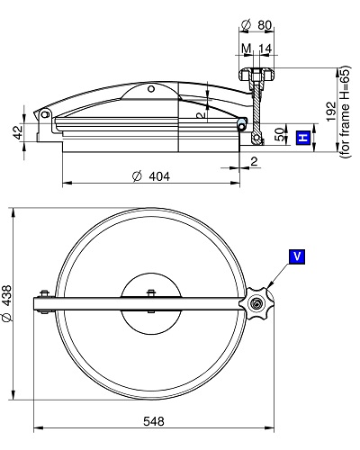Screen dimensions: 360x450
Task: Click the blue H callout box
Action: [x=303, y=138]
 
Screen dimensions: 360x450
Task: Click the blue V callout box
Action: [x=297, y=256]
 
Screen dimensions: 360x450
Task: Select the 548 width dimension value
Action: [x=154, y=421]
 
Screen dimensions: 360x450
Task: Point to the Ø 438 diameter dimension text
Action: [x=7, y=303]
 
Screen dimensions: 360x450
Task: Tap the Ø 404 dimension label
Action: [x=151, y=176]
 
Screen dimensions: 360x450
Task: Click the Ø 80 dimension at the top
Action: [x=256, y=25]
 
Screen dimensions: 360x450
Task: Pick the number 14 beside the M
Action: [x=265, y=49]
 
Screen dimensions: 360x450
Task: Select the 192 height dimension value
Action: [x=331, y=112]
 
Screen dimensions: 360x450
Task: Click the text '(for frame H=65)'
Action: [x=345, y=112]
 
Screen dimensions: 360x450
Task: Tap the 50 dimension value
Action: [x=279, y=135]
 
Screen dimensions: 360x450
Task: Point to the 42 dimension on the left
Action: [x=18, y=132]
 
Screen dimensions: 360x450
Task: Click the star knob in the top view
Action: [x=256, y=303]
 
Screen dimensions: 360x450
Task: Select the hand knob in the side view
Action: [x=256, y=75]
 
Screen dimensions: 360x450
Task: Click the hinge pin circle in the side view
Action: [x=45, y=114]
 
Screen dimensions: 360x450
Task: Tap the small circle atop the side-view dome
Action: [x=151, y=89]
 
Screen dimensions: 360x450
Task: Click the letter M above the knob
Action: [x=247, y=49]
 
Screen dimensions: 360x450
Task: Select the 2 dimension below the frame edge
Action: [x=254, y=162]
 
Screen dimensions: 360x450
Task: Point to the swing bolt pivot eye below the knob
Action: [x=256, y=138]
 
